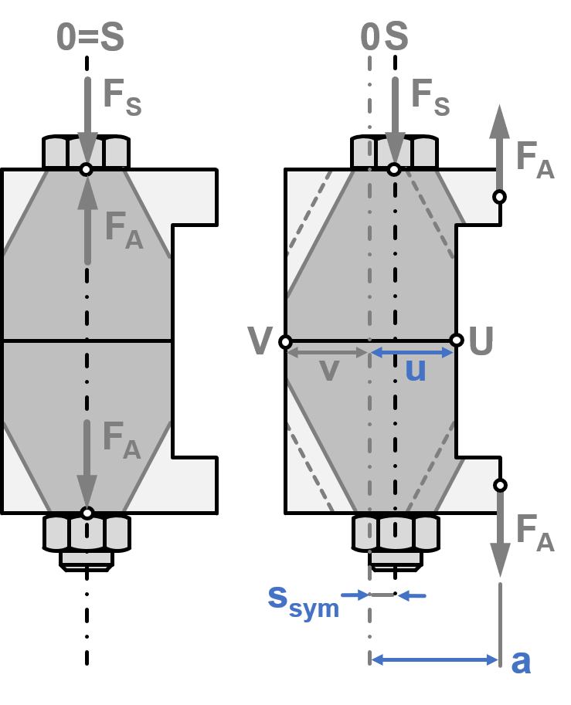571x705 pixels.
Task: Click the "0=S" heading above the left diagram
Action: (x=90, y=38)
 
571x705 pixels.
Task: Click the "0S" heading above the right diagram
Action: (x=384, y=38)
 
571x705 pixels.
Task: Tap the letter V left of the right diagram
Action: (x=260, y=341)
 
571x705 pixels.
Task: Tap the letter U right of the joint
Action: (x=481, y=341)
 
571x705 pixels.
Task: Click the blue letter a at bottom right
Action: (x=522, y=661)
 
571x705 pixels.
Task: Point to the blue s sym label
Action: (x=303, y=600)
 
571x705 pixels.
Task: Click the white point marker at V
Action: (x=285, y=341)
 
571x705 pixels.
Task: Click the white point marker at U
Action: (x=456, y=340)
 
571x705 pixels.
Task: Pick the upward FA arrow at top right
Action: (x=499, y=147)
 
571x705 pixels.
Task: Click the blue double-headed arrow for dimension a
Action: (x=434, y=659)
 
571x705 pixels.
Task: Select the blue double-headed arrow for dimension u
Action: (x=412, y=352)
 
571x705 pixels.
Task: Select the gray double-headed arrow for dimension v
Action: (x=328, y=352)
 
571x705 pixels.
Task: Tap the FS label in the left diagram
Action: (x=122, y=96)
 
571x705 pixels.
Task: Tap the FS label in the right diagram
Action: (x=430, y=96)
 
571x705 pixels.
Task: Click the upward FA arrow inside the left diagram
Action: (x=87, y=220)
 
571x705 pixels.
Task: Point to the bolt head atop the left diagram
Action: (x=86, y=152)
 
